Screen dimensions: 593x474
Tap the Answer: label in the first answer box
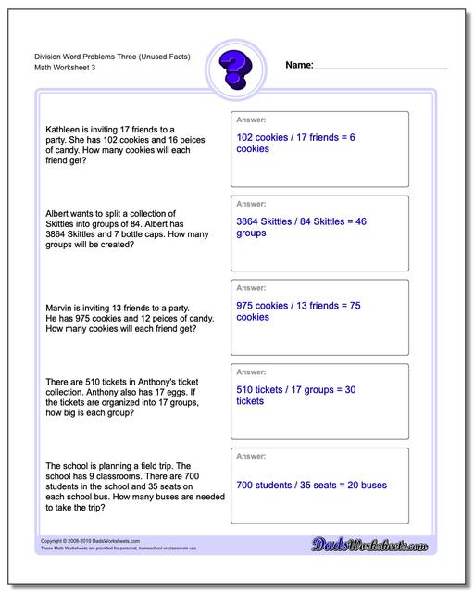(x=251, y=120)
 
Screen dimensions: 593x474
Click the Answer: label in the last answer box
(x=251, y=457)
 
